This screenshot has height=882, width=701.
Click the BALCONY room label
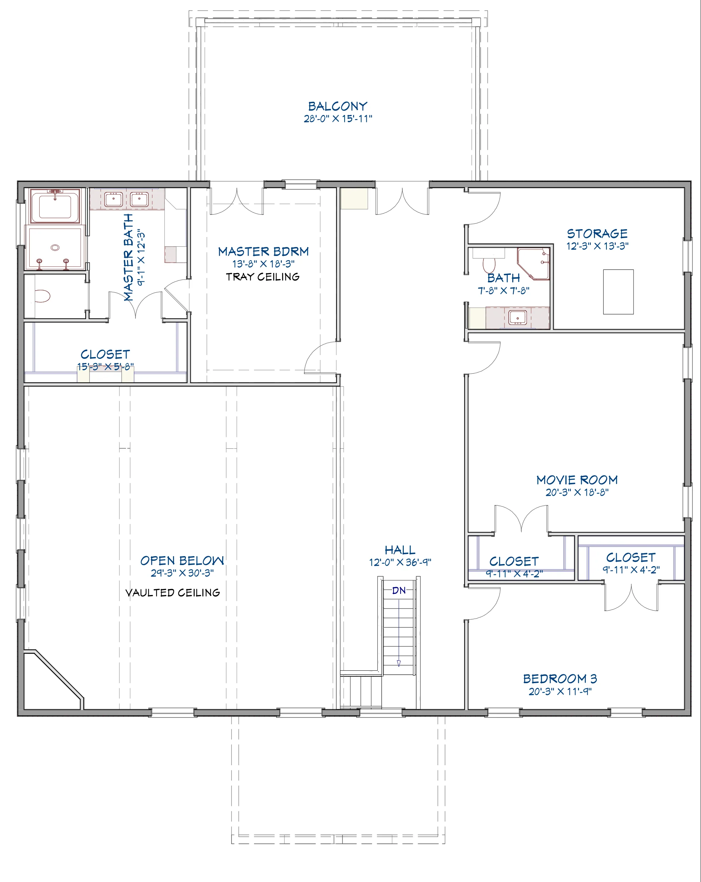pyautogui.click(x=337, y=106)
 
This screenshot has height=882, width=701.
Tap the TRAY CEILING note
pyautogui.click(x=263, y=277)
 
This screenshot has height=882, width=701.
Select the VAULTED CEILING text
pyautogui.click(x=173, y=593)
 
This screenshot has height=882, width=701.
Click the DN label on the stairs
pyautogui.click(x=399, y=590)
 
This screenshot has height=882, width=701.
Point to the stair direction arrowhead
pyautogui.click(x=398, y=663)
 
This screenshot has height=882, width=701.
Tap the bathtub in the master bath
pyautogui.click(x=55, y=206)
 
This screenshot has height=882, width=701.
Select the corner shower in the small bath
pyautogui.click(x=533, y=263)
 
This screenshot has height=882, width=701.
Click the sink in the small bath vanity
pyautogui.click(x=518, y=317)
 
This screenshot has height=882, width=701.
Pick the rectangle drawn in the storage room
pyautogui.click(x=619, y=292)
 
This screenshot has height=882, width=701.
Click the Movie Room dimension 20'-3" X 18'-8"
pyautogui.click(x=577, y=493)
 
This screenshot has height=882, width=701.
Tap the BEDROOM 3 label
pyautogui.click(x=560, y=679)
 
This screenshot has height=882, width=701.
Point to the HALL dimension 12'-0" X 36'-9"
pyautogui.click(x=400, y=563)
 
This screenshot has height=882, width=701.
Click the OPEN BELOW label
pyautogui.click(x=182, y=560)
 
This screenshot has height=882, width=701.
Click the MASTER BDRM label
pyautogui.click(x=263, y=252)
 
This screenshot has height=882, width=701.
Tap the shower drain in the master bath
pyautogui.click(x=55, y=247)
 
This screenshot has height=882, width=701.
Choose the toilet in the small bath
pyautogui.click(x=489, y=264)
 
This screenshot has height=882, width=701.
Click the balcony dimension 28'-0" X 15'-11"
pyautogui.click(x=337, y=119)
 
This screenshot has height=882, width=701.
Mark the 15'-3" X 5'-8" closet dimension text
pyautogui.click(x=106, y=367)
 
